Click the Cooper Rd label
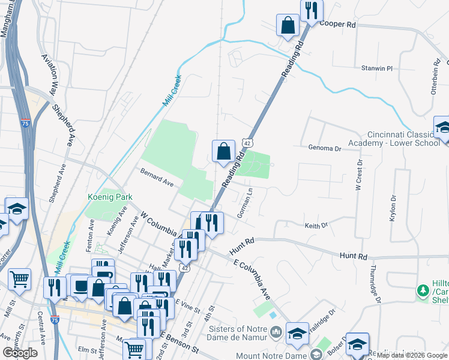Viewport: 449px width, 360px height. click(338, 25)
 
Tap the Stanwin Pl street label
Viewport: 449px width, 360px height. click(376, 68)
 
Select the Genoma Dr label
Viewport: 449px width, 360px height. click(324, 148)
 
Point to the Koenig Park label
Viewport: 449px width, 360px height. click(109, 197)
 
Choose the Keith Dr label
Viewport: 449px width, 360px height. click(316, 226)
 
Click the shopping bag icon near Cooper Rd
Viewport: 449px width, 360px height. click(288, 25)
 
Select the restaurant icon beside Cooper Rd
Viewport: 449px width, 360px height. click(312, 10)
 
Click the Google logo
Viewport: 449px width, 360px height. click(20, 353)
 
